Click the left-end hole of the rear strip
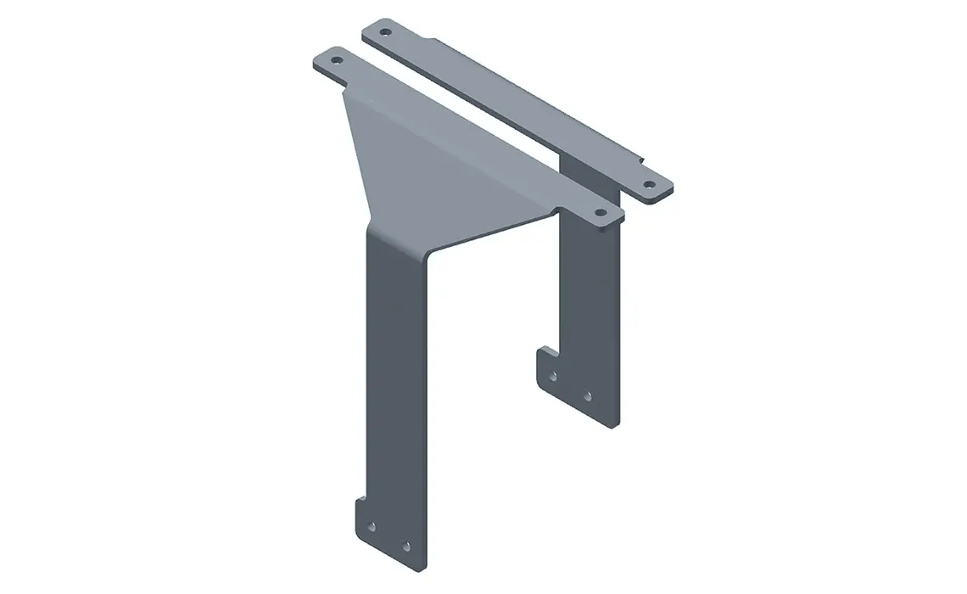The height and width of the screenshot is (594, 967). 385,32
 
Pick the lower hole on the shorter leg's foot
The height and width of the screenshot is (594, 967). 588,395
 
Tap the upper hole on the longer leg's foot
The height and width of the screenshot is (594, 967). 371,526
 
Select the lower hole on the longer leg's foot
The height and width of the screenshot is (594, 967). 405,546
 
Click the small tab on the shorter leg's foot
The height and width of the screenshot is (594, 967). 543,351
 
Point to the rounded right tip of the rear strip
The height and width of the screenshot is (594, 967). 667,190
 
